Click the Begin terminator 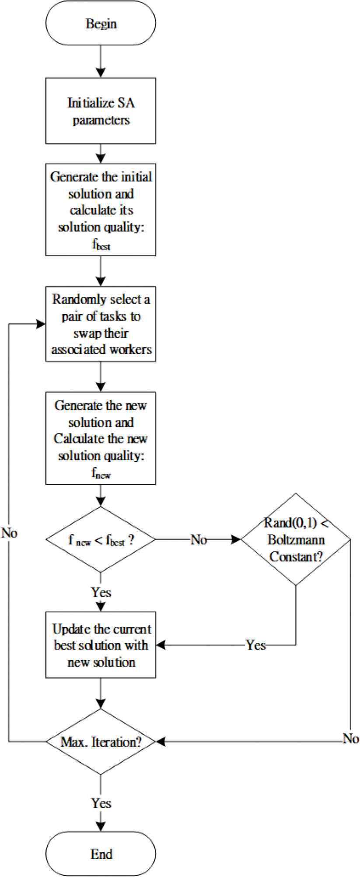click(101, 24)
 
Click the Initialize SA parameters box click(101, 111)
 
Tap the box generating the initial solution click(101, 210)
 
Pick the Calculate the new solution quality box click(101, 438)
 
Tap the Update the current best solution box click(101, 645)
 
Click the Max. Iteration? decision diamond click(101, 742)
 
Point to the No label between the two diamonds click(199, 540)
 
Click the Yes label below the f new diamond click(101, 593)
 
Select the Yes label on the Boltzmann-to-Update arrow click(255, 645)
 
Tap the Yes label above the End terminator click(101, 803)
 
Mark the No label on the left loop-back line click(9, 533)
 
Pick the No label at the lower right click(351, 739)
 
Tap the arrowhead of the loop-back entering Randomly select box click(42, 324)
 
